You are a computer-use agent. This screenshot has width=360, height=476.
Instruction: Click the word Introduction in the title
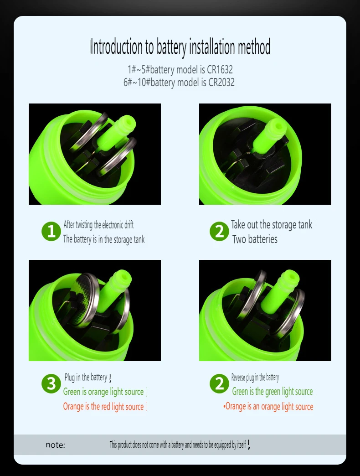click(x=117, y=47)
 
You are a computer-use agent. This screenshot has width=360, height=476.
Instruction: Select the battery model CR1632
click(x=220, y=69)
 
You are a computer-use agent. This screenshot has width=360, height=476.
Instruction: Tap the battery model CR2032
click(x=221, y=82)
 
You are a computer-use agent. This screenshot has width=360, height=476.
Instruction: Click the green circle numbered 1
click(x=51, y=231)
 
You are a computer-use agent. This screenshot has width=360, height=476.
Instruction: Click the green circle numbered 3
click(x=51, y=383)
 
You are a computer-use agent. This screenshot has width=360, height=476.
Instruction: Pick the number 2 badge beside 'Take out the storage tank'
click(x=219, y=231)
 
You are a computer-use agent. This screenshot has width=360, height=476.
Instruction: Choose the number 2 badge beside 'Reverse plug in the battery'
click(x=219, y=383)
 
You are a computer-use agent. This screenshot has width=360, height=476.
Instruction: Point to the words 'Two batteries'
click(x=255, y=239)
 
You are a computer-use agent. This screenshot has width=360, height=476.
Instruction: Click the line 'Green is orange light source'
click(x=103, y=392)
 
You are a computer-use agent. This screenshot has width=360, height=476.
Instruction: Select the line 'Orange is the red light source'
click(x=103, y=407)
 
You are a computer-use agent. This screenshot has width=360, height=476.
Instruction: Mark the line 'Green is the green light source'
click(x=273, y=392)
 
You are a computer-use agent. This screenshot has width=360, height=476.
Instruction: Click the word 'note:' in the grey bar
click(x=55, y=445)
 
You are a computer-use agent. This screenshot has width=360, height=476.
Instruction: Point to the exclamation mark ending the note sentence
click(x=249, y=445)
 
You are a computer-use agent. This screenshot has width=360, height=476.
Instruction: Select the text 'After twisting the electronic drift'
click(x=98, y=225)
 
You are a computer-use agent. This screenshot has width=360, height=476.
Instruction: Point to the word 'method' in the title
click(x=254, y=47)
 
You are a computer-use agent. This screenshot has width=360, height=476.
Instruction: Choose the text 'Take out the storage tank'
click(x=272, y=225)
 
